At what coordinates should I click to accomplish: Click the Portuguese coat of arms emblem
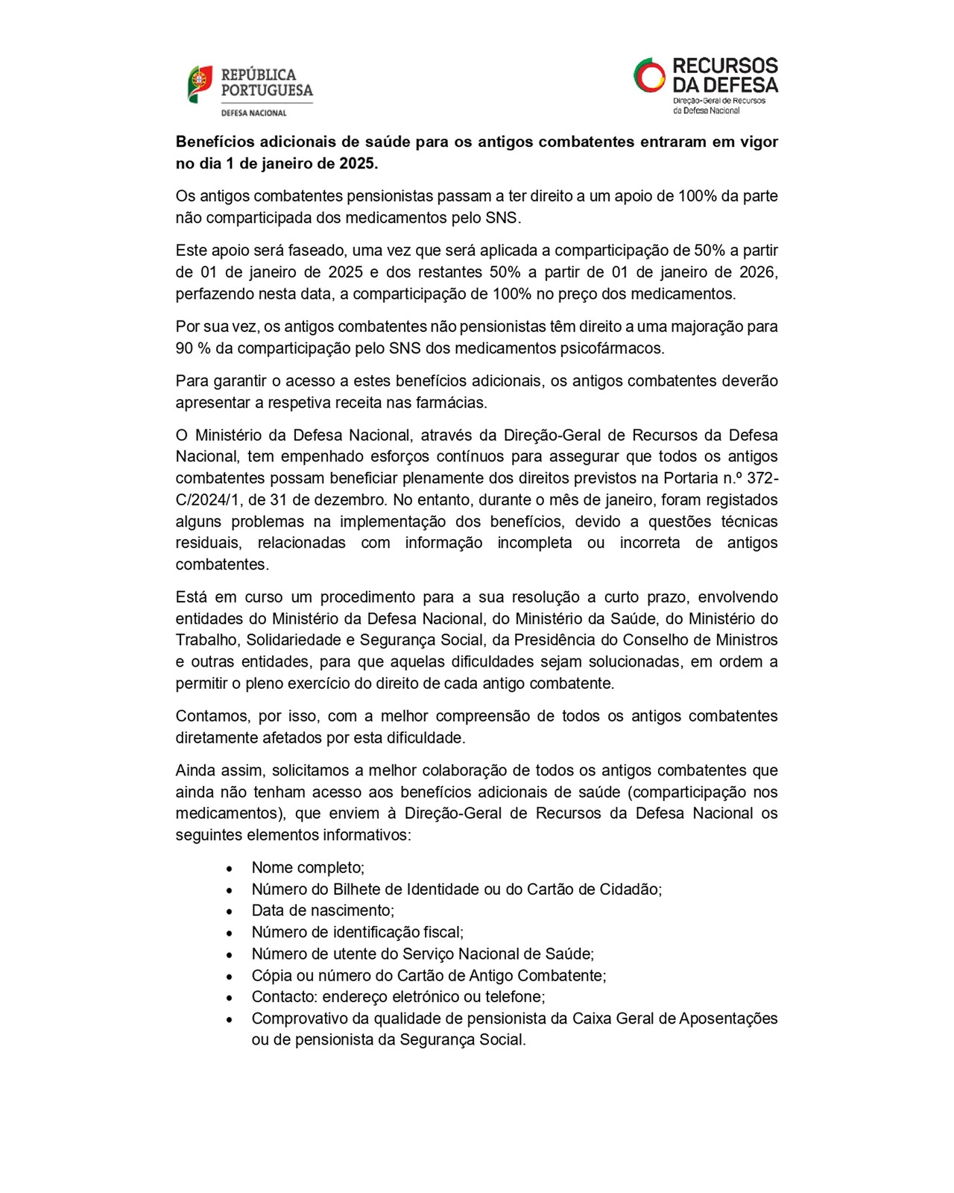coord(199,84)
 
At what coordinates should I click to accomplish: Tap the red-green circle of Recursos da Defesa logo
coord(649,75)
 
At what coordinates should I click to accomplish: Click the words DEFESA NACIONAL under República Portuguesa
coord(253,113)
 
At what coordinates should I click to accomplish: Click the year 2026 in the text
coord(756,272)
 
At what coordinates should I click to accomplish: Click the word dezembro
coord(350,500)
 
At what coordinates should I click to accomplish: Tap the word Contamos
coord(211,716)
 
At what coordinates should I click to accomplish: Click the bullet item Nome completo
coord(308,867)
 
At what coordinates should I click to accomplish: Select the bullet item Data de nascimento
coord(323,910)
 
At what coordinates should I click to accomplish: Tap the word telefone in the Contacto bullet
coord(516,997)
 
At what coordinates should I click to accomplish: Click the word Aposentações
coord(728,1019)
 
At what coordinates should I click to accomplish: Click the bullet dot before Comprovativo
coord(230,1019)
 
